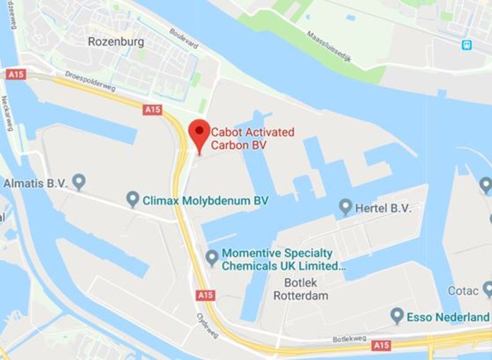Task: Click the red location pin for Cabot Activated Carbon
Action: tap(199, 133)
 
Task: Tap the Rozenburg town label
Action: tap(116, 42)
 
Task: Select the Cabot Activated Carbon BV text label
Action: tap(253, 138)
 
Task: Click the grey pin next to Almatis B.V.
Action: tap(79, 182)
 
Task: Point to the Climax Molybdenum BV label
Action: tap(206, 201)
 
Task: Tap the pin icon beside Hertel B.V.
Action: tap(345, 207)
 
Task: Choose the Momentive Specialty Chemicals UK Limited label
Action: tap(283, 259)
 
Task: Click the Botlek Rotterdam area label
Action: tap(301, 289)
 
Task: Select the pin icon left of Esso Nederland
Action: tap(397, 316)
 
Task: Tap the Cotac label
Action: tap(462, 291)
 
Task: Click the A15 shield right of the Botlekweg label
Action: tap(381, 345)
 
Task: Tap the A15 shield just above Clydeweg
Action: tap(206, 295)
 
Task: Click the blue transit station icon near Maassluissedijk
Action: tap(466, 45)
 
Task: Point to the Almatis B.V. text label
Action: tap(35, 183)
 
